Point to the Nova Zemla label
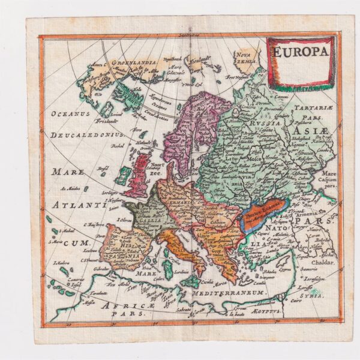click(x=247, y=58)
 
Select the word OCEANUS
click(x=70, y=113)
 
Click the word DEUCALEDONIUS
click(x=87, y=136)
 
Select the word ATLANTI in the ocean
click(x=78, y=205)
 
